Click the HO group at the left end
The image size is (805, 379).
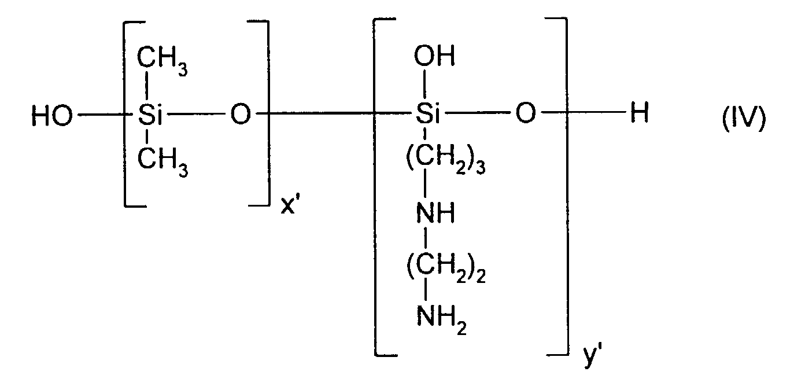[x=52, y=116]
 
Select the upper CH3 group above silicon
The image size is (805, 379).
[x=162, y=62]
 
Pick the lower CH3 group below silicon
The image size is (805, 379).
[x=163, y=163]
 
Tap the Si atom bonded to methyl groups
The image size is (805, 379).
[x=150, y=115]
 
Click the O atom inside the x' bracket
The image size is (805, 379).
[x=241, y=115]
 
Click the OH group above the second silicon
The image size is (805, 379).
[x=434, y=56]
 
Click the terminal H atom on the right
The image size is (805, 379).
[x=640, y=113]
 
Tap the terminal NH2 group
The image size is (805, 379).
[x=442, y=321]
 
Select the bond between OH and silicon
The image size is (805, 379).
[x=425, y=84]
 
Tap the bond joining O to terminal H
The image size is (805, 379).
[x=584, y=113]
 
